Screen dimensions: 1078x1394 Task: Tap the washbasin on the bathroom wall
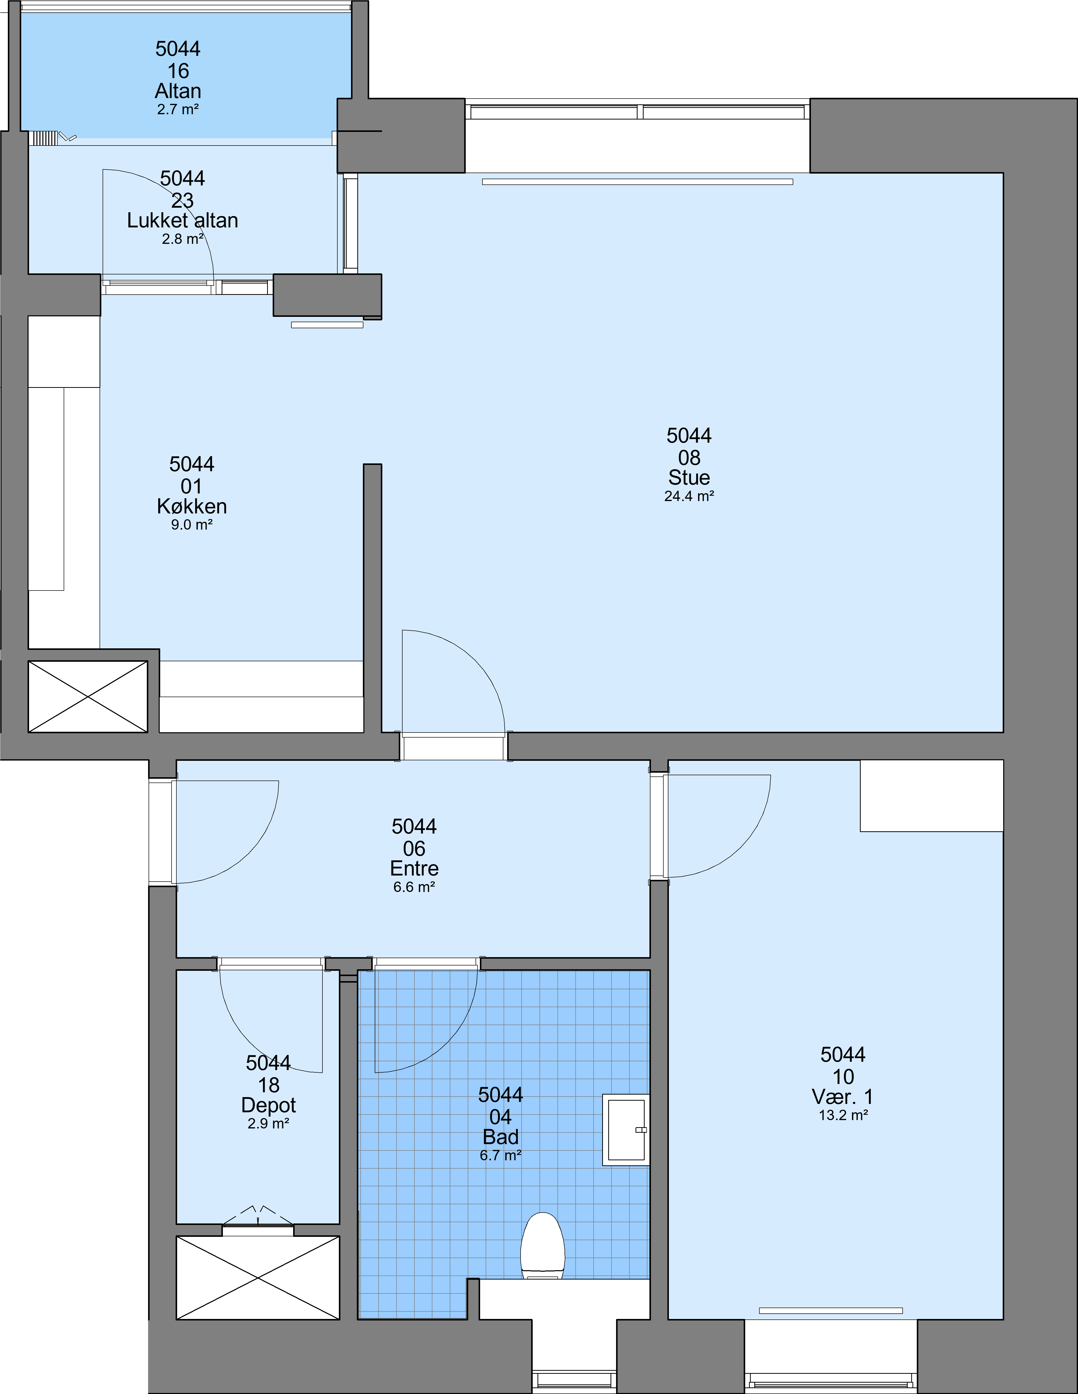coord(626,1130)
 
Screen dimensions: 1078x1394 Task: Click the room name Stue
coord(689,478)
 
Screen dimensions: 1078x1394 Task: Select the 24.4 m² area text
coord(689,496)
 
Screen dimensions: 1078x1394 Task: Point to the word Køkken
coord(192,506)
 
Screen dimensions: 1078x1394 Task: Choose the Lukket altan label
coord(182,220)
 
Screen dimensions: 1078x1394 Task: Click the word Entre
coord(414,868)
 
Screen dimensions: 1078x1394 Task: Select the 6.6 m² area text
coord(414,887)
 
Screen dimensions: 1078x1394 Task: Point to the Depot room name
coord(269,1105)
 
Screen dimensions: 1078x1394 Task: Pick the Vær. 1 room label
coord(842,1097)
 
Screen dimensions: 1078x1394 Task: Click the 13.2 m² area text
coord(843,1115)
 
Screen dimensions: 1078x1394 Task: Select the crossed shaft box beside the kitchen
coord(88,696)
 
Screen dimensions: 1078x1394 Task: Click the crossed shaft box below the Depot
coord(258,1277)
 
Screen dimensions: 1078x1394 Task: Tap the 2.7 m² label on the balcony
coord(178,109)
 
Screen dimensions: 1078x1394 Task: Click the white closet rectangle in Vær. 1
coord(932,795)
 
